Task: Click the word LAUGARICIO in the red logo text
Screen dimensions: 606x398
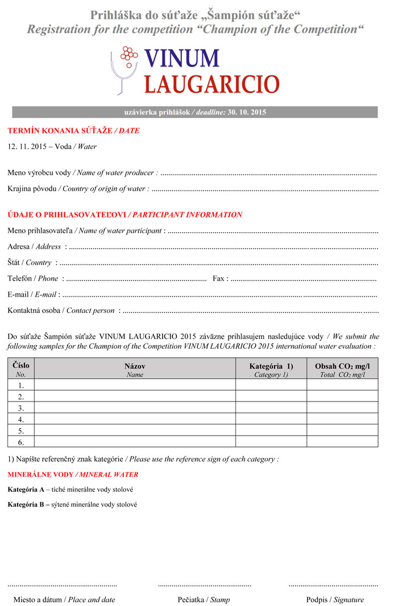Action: [212, 83]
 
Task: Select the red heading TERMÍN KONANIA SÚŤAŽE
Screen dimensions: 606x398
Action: [60, 131]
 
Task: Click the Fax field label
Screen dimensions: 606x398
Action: [220, 278]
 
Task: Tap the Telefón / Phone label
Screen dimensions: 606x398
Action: [33, 278]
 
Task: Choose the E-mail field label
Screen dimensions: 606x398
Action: [32, 295]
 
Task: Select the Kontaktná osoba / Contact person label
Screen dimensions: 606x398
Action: [61, 311]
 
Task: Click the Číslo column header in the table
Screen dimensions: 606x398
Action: [21, 369]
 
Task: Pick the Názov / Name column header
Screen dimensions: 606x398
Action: [135, 369]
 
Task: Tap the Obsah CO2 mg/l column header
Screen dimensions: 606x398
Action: [342, 369]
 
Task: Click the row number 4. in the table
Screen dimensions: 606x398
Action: [21, 419]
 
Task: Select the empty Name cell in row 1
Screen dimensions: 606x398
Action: [135, 385]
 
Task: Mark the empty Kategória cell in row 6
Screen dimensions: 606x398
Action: [271, 442]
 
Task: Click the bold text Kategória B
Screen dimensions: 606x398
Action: [26, 504]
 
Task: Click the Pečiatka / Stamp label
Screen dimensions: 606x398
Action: [204, 599]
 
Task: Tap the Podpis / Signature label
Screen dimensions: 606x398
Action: [335, 599]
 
